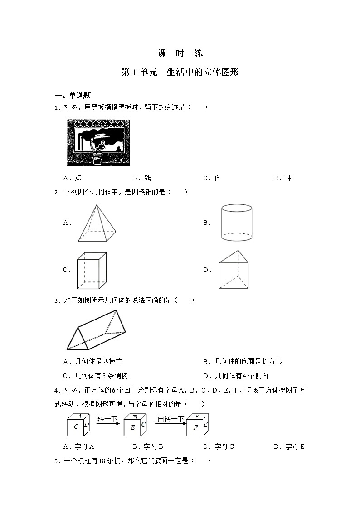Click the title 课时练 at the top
point(180,53)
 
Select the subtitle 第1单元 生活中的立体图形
point(180,73)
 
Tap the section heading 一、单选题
point(73,96)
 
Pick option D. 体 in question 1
point(283,178)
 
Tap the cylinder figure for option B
point(236,223)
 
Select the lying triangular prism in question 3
point(98,330)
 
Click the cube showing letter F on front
point(197,425)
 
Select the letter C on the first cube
point(76,427)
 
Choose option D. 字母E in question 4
point(289,446)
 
